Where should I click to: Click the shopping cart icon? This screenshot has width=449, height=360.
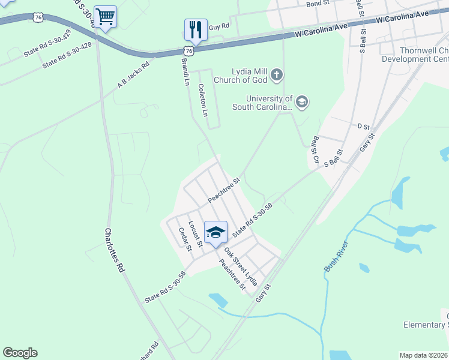[106, 17]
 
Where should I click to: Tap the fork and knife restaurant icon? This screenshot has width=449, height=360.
[196, 29]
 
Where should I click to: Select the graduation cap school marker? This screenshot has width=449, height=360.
[215, 232]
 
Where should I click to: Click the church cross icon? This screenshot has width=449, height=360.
[276, 76]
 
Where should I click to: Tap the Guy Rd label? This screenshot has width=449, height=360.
[219, 26]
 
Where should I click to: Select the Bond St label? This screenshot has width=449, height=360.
[318, 4]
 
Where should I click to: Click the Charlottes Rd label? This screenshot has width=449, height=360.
[114, 250]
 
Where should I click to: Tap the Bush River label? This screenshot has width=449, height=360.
[336, 256]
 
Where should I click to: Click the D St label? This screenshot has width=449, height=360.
[363, 127]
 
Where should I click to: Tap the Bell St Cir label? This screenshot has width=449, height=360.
[313, 149]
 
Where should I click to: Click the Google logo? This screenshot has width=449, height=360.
[20, 353]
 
